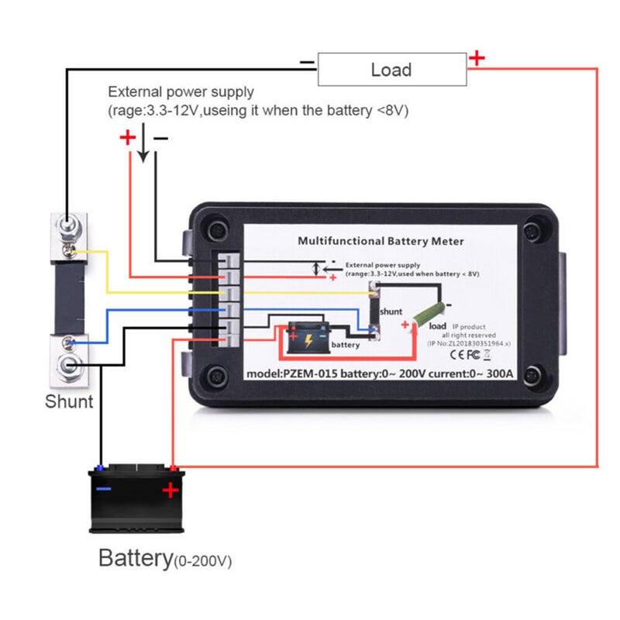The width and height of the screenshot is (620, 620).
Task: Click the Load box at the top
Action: (x=391, y=70)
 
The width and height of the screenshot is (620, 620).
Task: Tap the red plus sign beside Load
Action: (x=477, y=57)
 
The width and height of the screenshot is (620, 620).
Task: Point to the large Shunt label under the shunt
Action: (x=69, y=401)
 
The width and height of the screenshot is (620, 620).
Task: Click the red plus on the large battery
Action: (x=170, y=490)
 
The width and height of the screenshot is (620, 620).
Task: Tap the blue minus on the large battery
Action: (x=103, y=489)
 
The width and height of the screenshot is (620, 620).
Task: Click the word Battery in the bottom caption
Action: (x=135, y=558)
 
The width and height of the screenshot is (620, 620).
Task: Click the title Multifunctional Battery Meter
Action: (x=381, y=241)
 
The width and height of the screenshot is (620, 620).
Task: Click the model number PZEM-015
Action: (x=310, y=374)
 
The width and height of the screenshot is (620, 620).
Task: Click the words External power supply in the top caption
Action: (x=181, y=92)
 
